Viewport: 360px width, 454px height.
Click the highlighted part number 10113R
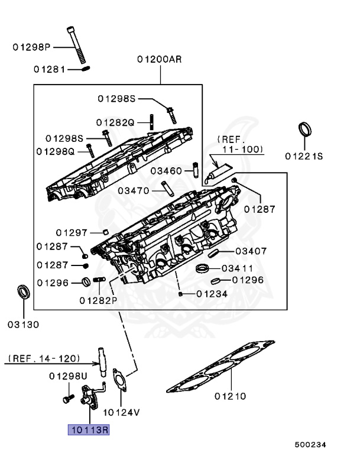[89, 430]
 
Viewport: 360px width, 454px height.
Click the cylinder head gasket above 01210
[220, 367]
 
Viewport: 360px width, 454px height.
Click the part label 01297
[72, 232]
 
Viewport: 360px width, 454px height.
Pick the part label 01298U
[68, 376]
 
